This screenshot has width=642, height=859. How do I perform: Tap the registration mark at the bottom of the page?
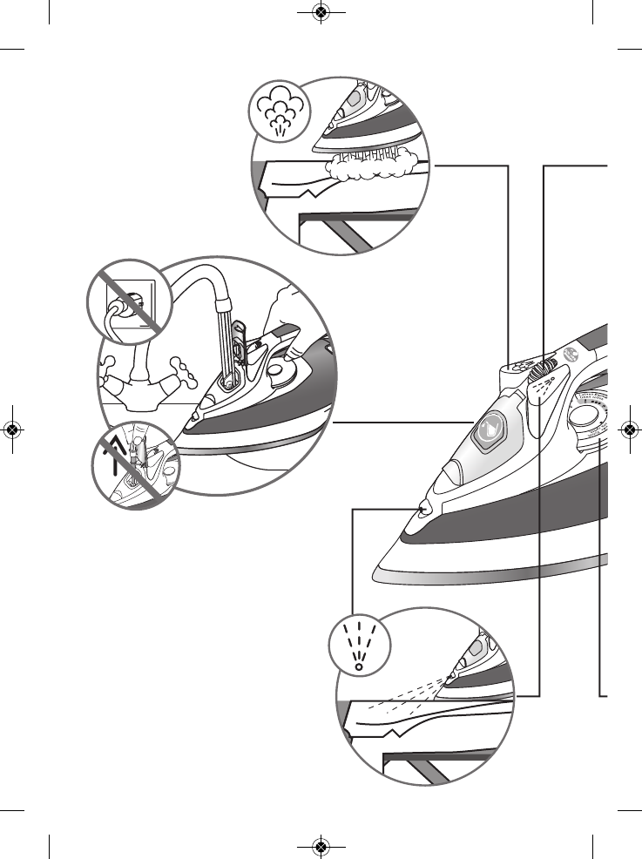[321, 846]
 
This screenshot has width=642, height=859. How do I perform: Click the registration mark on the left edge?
[12, 429]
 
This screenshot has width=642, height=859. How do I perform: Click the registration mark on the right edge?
[629, 429]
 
